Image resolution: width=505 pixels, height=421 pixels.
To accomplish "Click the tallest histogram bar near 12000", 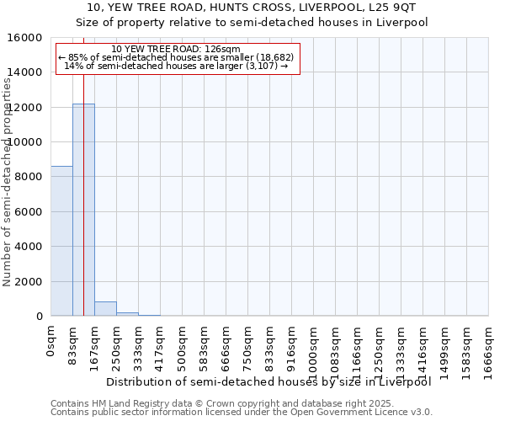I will tap(83, 210).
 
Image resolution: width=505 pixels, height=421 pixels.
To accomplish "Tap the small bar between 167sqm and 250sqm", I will tap(105, 309).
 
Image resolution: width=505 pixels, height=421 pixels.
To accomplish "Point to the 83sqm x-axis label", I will tap(73, 344).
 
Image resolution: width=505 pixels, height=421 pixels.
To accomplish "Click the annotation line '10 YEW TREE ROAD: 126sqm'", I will tap(176, 50).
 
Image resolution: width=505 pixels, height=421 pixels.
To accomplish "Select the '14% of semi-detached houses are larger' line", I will tap(176, 66).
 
